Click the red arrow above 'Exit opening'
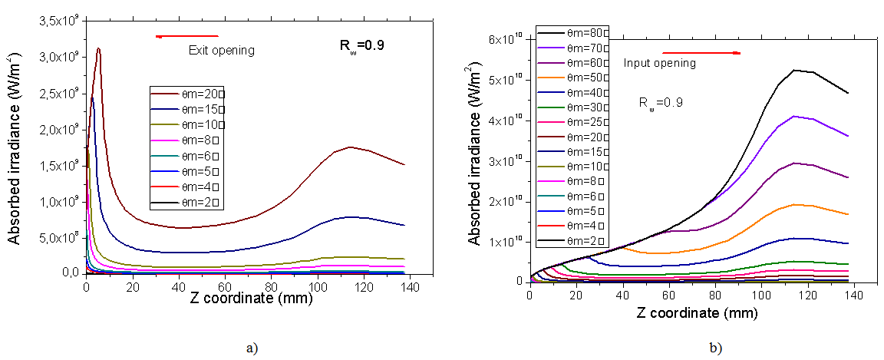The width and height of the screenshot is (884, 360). click(x=187, y=36)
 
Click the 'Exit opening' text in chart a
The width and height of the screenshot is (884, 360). click(x=221, y=51)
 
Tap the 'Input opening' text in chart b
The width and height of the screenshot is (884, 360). click(x=659, y=63)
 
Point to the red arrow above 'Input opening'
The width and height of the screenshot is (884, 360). click(x=713, y=53)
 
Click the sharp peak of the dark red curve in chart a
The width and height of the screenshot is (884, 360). click(x=98, y=48)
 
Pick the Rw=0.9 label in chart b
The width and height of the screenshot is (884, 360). click(x=661, y=102)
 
